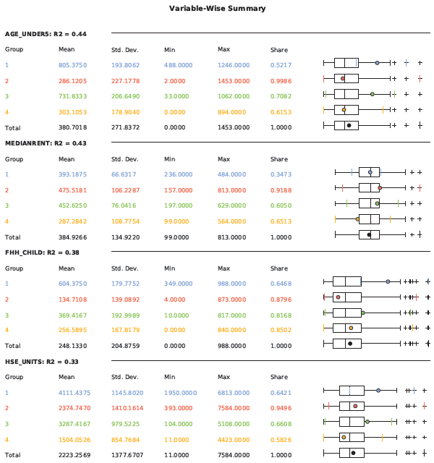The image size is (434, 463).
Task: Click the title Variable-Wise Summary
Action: click(x=217, y=9)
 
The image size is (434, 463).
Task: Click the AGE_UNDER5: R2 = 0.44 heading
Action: click(x=46, y=34)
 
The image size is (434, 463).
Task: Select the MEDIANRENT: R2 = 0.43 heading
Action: click(x=46, y=143)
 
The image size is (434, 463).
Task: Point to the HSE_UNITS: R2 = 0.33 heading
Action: click(x=42, y=362)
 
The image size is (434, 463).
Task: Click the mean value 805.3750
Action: click(x=73, y=64)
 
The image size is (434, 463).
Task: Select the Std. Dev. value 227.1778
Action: click(x=126, y=80)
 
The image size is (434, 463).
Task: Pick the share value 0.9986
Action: click(x=281, y=80)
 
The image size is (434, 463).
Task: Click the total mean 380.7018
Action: click(x=73, y=127)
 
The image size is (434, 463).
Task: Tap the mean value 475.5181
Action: click(x=73, y=190)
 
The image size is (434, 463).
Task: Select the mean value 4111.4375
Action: click(x=75, y=392)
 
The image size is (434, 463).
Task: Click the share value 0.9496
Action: click(x=281, y=408)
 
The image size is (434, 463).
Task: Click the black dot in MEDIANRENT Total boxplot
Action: click(x=369, y=234)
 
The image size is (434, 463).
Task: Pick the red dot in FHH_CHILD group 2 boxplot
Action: click(x=338, y=297)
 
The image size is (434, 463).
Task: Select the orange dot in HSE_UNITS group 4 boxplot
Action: click(x=344, y=437)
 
